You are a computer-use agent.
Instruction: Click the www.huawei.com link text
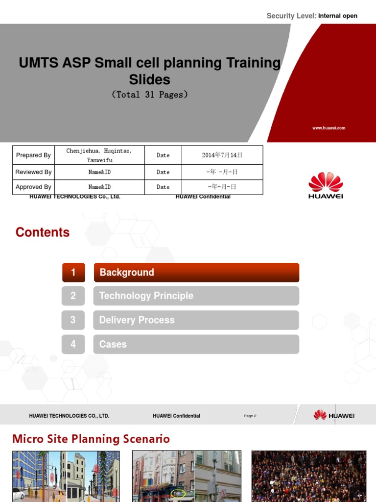(x=329, y=128)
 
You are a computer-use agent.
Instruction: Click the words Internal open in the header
(x=337, y=16)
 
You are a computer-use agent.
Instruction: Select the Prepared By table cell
(x=33, y=155)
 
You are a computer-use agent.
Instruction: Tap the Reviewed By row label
(x=33, y=172)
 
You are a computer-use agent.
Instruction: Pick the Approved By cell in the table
(x=33, y=187)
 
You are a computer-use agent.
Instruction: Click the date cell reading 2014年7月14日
(x=222, y=155)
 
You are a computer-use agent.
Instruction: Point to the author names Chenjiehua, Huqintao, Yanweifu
(x=99, y=155)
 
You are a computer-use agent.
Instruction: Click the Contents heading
(x=43, y=232)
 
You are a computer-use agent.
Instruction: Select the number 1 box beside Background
(x=73, y=273)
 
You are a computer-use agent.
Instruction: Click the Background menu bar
(x=196, y=273)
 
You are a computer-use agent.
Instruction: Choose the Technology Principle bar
(x=196, y=296)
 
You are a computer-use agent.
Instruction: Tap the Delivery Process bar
(x=196, y=320)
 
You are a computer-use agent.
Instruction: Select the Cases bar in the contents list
(x=196, y=344)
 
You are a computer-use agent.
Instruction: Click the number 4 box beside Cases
(x=73, y=344)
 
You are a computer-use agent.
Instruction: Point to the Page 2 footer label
(x=250, y=416)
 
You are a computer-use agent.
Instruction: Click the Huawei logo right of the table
(x=326, y=185)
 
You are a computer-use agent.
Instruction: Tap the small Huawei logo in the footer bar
(x=334, y=415)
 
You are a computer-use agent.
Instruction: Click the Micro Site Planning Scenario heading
(x=91, y=439)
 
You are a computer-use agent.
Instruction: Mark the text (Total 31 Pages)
(x=150, y=95)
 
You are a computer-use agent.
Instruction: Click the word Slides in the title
(x=150, y=79)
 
